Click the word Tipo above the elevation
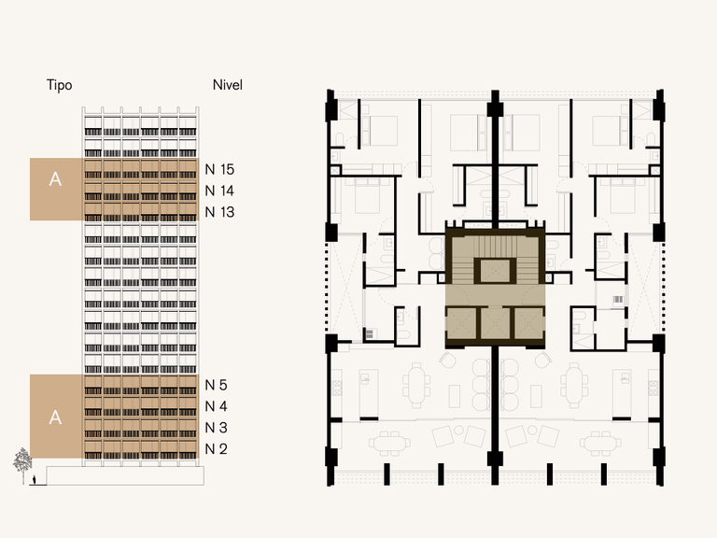click(60, 85)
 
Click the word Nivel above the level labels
click(228, 85)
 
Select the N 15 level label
click(220, 170)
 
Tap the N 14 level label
click(220, 191)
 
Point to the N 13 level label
click(220, 212)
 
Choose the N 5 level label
click(217, 385)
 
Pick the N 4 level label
click(217, 406)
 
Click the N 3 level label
click(217, 428)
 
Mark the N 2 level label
click(217, 449)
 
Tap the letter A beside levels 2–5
click(55, 418)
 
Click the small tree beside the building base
click(22, 463)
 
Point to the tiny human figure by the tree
click(35, 479)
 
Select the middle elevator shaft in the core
click(494, 322)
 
